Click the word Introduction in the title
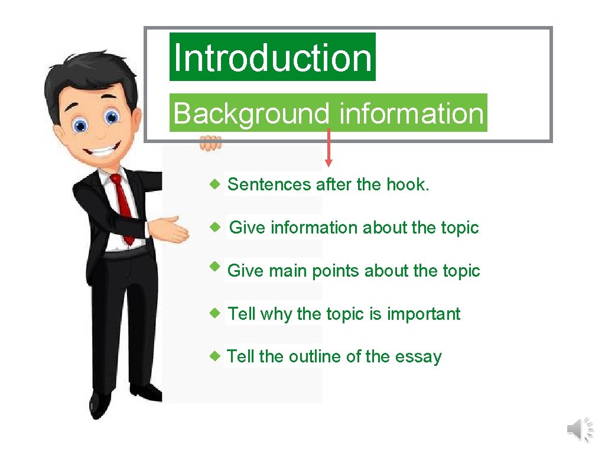click(x=272, y=57)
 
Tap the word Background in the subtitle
click(x=251, y=113)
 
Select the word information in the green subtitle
click(x=411, y=113)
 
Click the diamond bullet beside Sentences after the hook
click(x=217, y=184)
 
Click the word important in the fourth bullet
click(x=423, y=314)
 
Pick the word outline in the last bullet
click(x=314, y=356)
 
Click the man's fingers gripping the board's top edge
click(x=210, y=143)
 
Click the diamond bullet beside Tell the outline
click(x=217, y=356)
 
